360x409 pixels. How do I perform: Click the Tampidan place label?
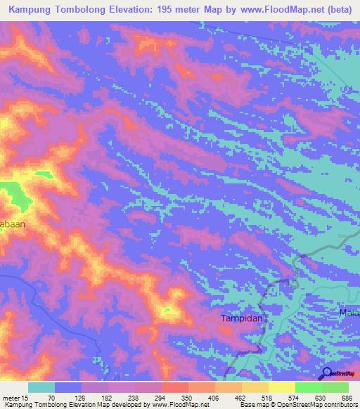(x=241, y=318)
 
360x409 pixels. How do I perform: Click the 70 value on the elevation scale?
(x=51, y=398)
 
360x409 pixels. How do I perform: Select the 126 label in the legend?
(x=89, y=398)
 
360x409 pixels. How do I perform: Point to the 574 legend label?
(x=308, y=398)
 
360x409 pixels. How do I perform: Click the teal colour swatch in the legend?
(x=41, y=387)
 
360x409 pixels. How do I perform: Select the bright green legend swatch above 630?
(x=309, y=387)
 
